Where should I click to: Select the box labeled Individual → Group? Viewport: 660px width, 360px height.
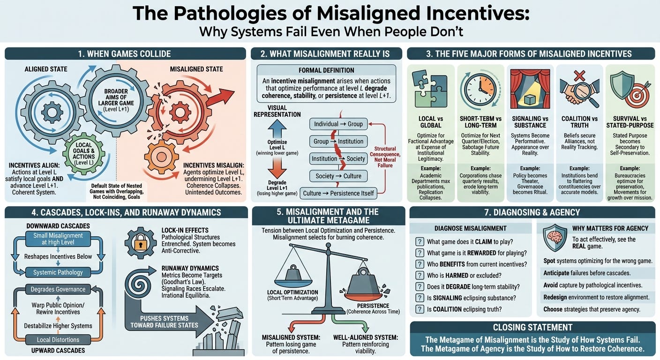coord(338,124)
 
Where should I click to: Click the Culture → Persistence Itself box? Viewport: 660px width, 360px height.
coord(338,193)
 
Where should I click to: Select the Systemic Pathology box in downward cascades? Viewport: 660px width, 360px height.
coord(58,272)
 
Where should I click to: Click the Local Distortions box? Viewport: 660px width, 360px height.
coord(58,339)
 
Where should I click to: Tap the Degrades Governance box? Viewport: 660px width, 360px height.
coord(58,289)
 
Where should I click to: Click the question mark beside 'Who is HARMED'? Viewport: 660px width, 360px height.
coord(420,275)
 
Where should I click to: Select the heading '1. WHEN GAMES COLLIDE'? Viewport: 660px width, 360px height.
coord(125,53)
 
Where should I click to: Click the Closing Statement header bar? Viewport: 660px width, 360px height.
coord(532,327)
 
